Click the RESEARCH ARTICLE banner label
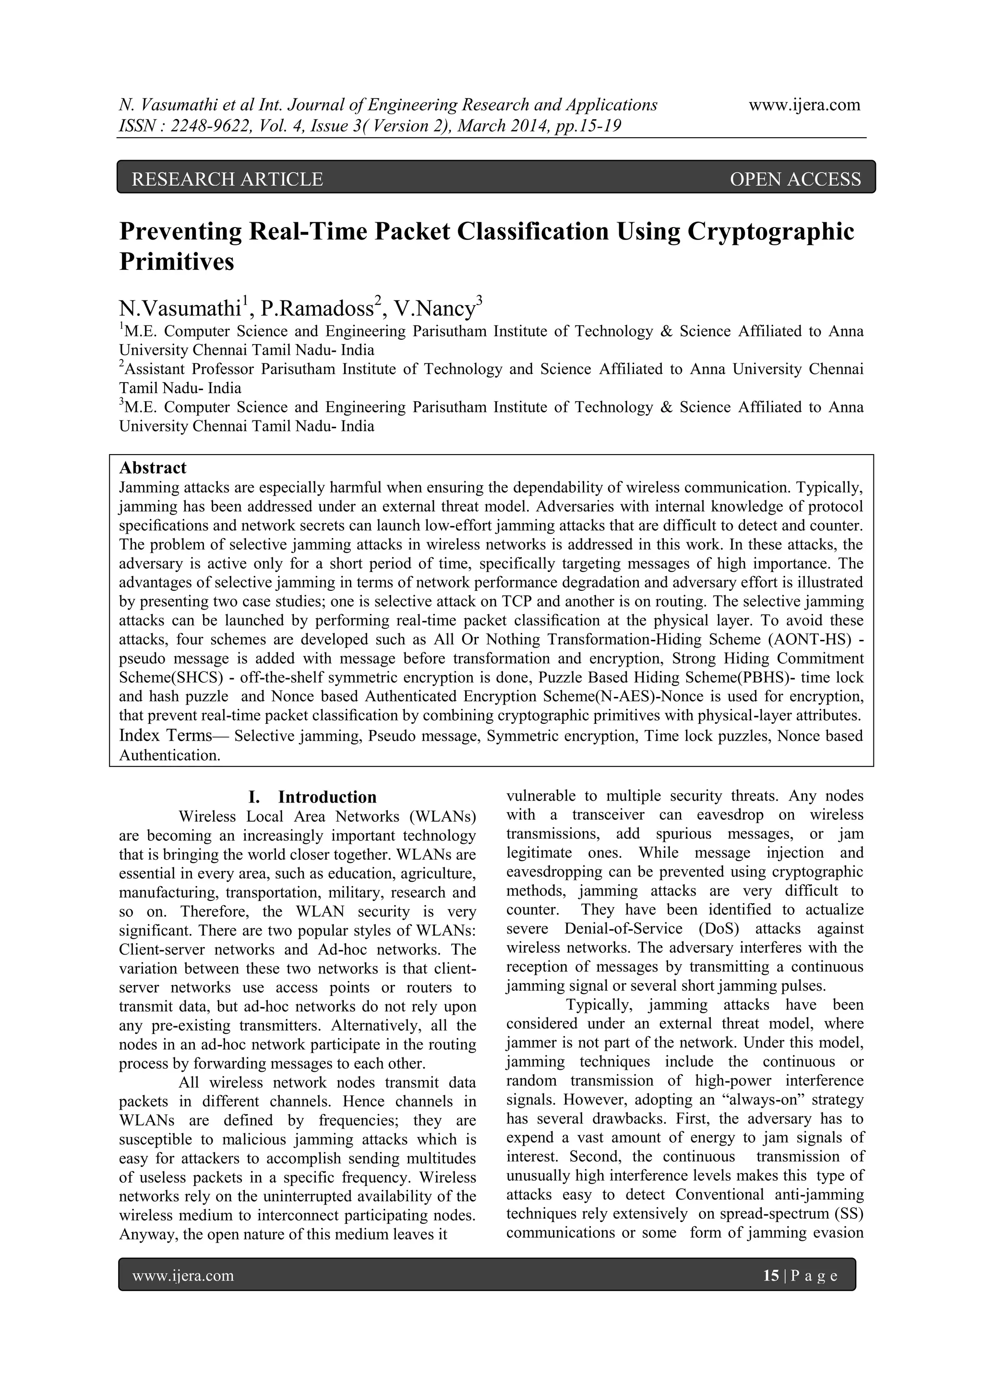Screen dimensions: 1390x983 click(227, 179)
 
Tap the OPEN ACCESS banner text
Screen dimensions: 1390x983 click(795, 179)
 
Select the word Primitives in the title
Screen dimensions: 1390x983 click(177, 262)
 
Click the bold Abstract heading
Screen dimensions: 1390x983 click(153, 467)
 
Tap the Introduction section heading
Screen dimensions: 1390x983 click(327, 797)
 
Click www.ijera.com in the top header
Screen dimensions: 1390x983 click(804, 105)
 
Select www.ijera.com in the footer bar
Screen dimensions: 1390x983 click(183, 1276)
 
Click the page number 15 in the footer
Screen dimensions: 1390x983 click(770, 1276)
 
